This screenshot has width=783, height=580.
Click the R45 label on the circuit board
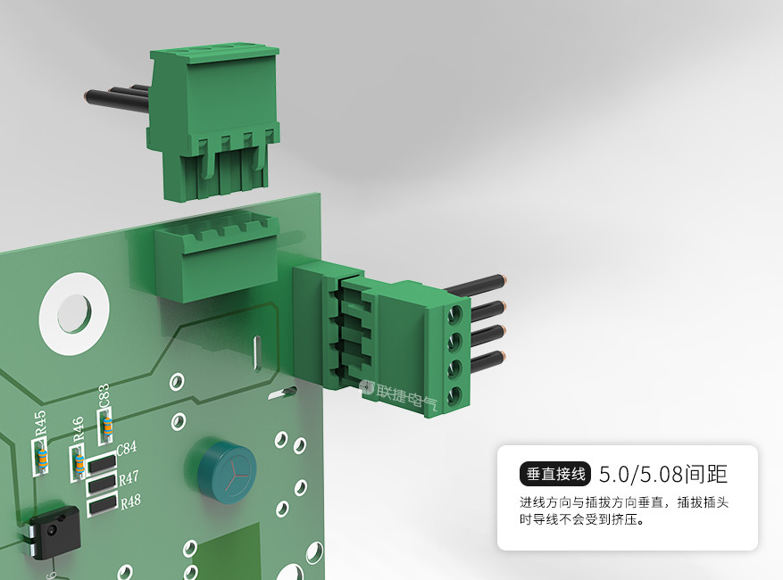point(40,422)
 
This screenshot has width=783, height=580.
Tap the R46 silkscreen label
point(78,429)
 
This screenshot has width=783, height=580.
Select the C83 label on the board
point(104,396)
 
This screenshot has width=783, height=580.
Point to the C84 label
point(127,448)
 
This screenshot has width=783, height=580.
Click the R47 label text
point(129,477)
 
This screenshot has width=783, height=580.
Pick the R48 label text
point(130,501)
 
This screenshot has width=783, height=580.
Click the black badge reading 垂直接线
point(555,474)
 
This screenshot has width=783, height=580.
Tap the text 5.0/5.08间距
point(663,474)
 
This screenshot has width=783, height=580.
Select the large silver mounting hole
point(74,313)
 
